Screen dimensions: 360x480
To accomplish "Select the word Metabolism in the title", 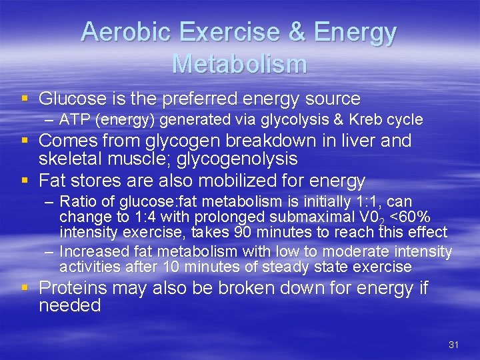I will pos(239,64).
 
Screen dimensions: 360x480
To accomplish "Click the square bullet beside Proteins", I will pos(25,288).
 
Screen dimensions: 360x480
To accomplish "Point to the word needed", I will pos(69,306).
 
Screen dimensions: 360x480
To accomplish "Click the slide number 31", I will pos(453,345).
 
